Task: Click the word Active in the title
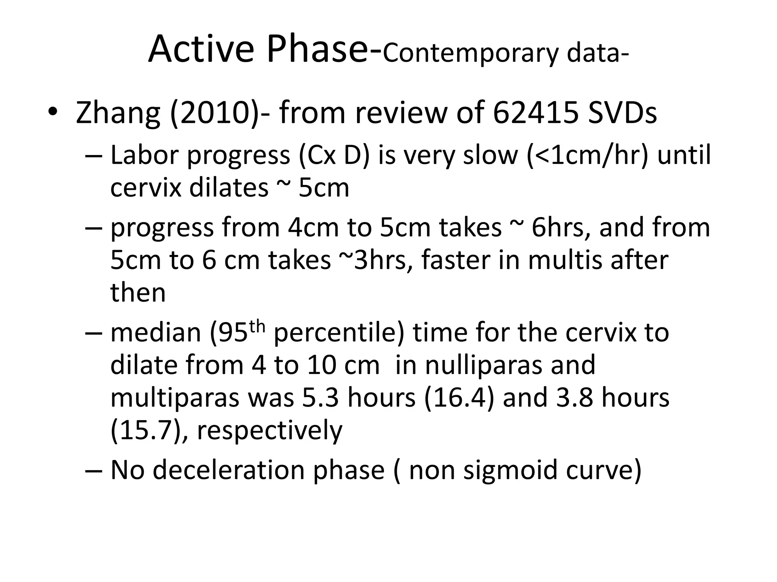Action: (201, 49)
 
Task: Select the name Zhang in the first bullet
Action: (118, 113)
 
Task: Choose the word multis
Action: (565, 260)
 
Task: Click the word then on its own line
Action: (138, 293)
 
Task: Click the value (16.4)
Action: (459, 398)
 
